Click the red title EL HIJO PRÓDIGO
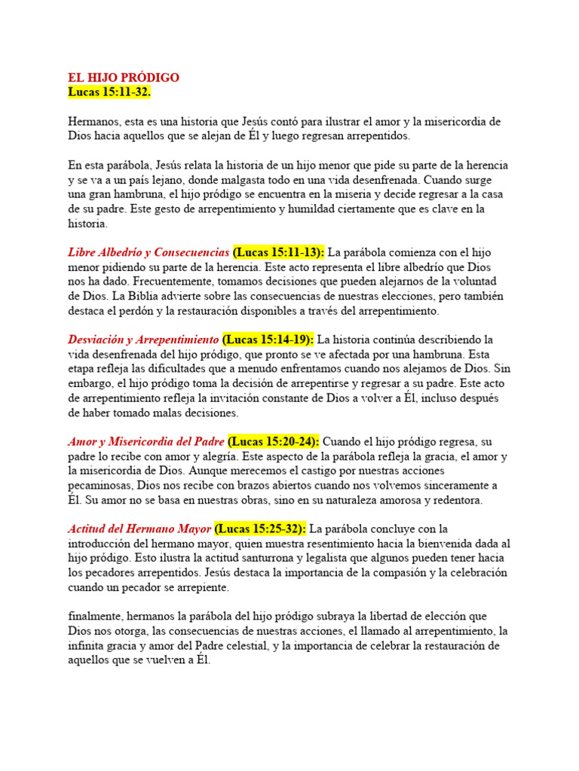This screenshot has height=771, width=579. (x=124, y=78)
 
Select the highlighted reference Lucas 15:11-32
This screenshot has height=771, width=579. (x=109, y=92)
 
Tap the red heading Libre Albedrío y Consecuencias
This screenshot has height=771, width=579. (x=149, y=252)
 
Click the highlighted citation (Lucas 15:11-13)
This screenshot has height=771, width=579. (x=278, y=252)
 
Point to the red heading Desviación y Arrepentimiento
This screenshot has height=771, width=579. (x=143, y=340)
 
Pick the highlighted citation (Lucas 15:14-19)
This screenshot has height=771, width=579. (x=268, y=340)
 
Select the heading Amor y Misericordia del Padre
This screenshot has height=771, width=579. (x=146, y=442)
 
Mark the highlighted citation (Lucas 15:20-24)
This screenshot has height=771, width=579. (x=273, y=442)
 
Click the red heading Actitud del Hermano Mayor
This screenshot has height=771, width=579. (x=140, y=529)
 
